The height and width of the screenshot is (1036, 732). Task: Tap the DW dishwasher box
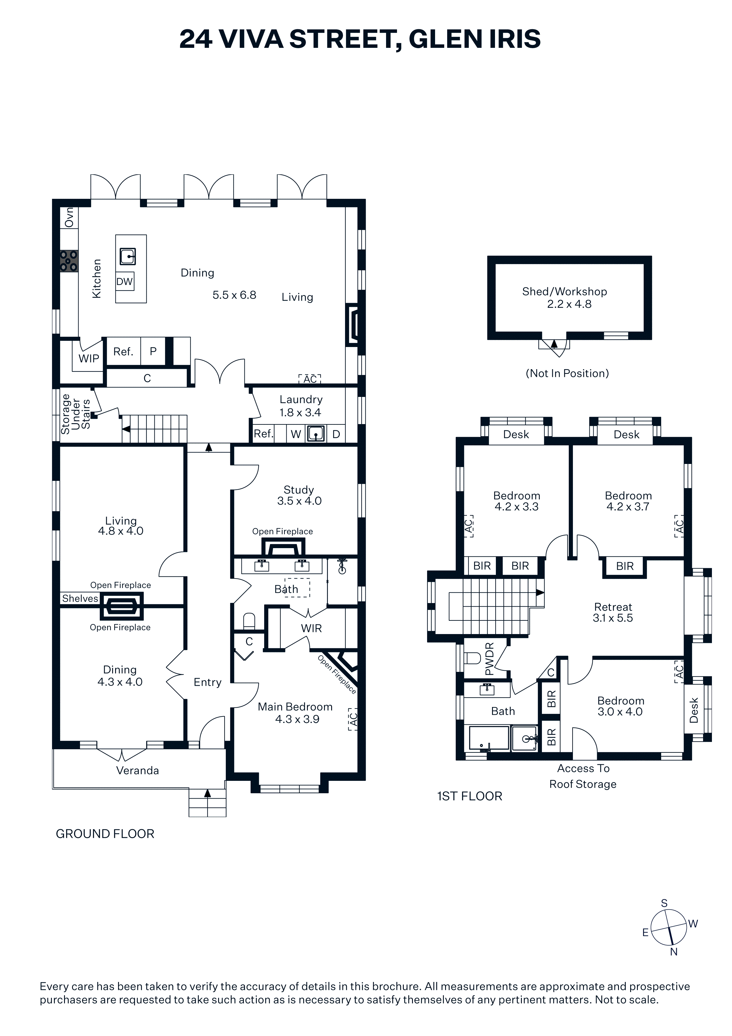tap(125, 281)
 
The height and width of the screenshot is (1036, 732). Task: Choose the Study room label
tap(299, 490)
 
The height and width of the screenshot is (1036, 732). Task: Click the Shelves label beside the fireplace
tap(80, 598)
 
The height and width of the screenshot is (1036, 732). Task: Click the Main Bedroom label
tap(295, 707)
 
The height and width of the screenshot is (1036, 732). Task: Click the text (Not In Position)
tap(567, 373)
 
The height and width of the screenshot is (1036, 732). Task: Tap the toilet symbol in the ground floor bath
tap(249, 621)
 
